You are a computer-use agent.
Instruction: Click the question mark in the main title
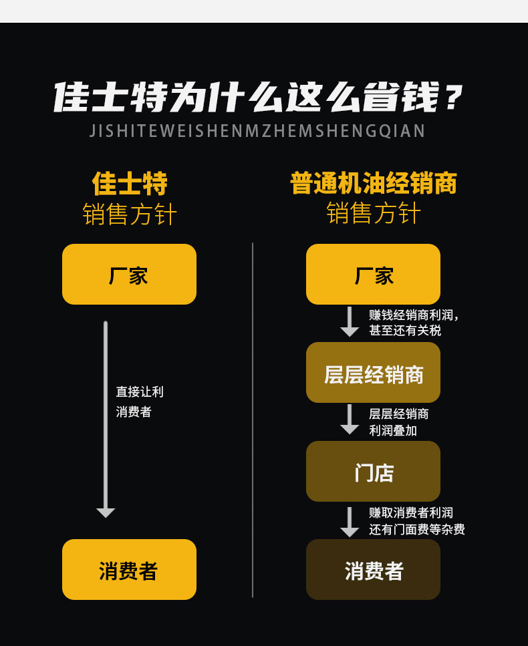coord(453,98)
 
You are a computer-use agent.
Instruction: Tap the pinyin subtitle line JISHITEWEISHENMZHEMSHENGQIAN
coord(257,131)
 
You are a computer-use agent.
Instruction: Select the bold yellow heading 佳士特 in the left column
coord(130,184)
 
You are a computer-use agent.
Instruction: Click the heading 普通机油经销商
coord(374,183)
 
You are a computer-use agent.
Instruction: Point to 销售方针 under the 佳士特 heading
coord(130,214)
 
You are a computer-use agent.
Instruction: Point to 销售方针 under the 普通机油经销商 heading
coord(374,213)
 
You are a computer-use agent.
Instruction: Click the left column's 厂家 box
coord(129,275)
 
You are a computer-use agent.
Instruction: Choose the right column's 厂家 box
coord(373,275)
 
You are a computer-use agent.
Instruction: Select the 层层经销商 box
coord(373,373)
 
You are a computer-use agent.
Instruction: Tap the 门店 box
coord(373,472)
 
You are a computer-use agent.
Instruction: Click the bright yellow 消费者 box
coord(129,569)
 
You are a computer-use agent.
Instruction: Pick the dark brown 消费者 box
coord(373,569)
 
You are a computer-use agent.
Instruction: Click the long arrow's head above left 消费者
coord(106,513)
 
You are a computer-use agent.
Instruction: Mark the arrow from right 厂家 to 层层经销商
coord(350,322)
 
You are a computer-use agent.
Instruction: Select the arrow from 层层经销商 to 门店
coord(350,420)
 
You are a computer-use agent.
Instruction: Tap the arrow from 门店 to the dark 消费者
coord(350,522)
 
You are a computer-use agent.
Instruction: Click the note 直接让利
coord(140,391)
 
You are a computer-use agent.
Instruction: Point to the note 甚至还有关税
coord(405,331)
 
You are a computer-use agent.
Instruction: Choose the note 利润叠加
coord(393,430)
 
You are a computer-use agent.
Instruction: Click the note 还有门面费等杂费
coord(416,529)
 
